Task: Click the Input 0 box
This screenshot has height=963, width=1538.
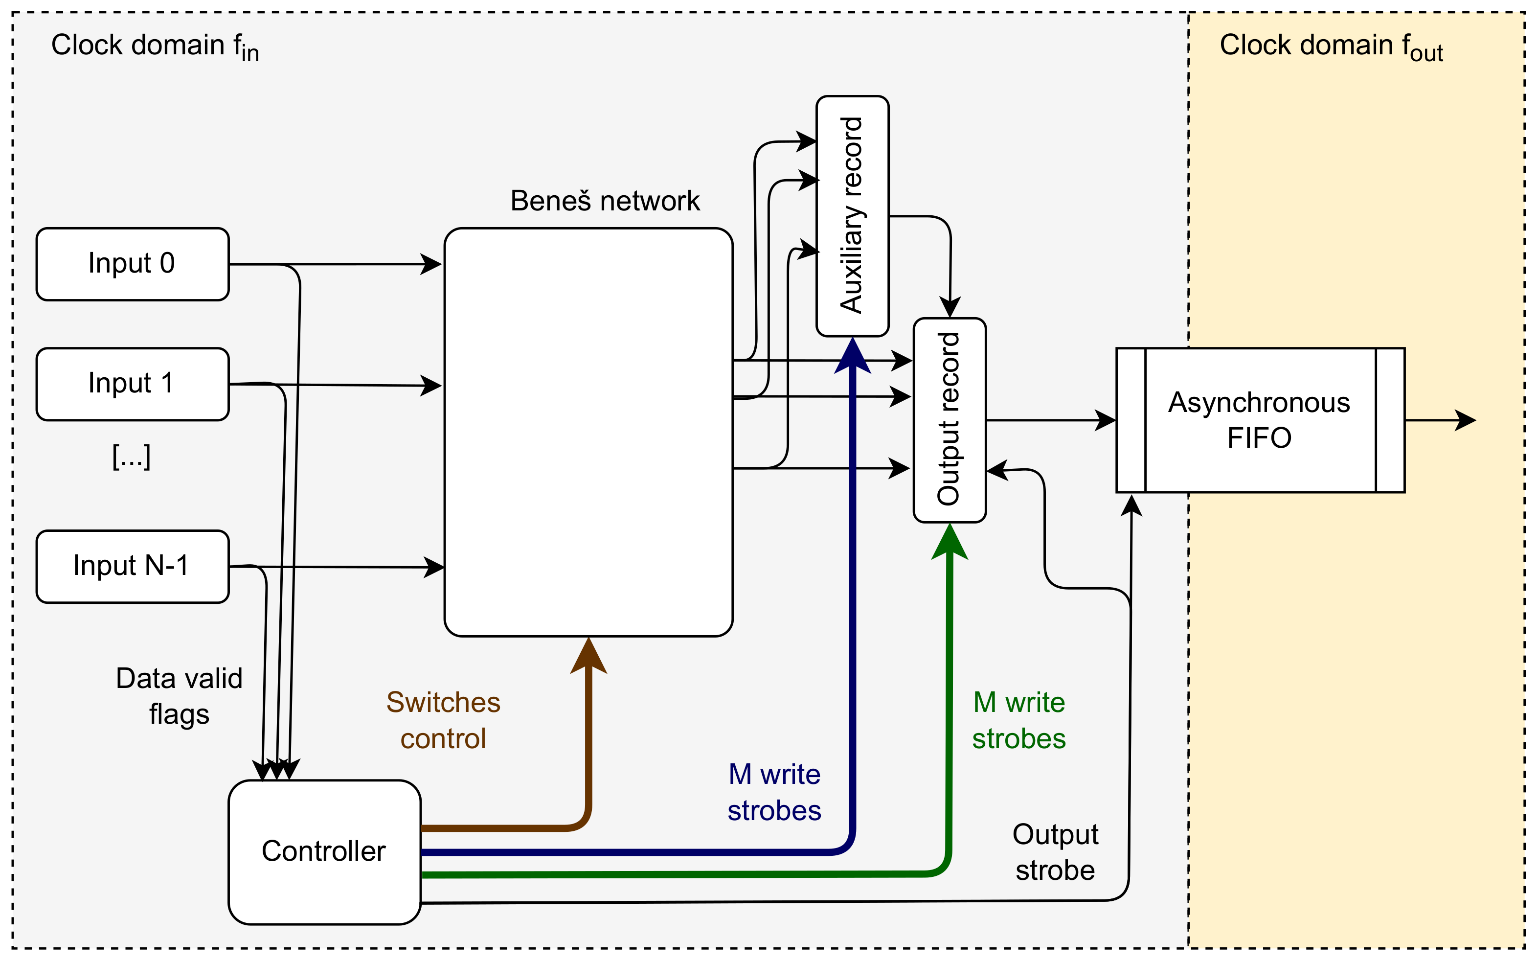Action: pyautogui.click(x=133, y=264)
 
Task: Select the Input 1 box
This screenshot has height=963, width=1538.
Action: pyautogui.click(x=133, y=384)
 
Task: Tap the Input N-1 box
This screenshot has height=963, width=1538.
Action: pyautogui.click(x=133, y=566)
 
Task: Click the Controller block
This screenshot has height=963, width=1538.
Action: pyautogui.click(x=324, y=851)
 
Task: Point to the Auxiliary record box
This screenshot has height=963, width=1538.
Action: pyautogui.click(x=852, y=216)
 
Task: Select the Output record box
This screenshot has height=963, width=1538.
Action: pyautogui.click(x=949, y=420)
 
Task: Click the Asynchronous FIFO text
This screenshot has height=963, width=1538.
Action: pyautogui.click(x=1259, y=420)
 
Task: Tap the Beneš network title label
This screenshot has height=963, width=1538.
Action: pyautogui.click(x=605, y=201)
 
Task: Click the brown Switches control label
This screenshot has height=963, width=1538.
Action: pyautogui.click(x=443, y=720)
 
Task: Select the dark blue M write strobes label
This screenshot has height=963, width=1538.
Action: pyautogui.click(x=774, y=792)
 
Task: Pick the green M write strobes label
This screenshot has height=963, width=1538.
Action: pyautogui.click(x=1018, y=720)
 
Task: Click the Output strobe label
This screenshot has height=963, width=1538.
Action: pyautogui.click(x=1055, y=852)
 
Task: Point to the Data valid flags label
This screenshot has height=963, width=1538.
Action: pyautogui.click(x=179, y=695)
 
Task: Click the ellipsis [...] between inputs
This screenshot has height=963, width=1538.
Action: pyautogui.click(x=131, y=456)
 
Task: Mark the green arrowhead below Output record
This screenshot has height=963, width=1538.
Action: pyautogui.click(x=949, y=543)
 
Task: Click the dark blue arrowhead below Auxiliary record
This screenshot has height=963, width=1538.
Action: pyautogui.click(x=852, y=357)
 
